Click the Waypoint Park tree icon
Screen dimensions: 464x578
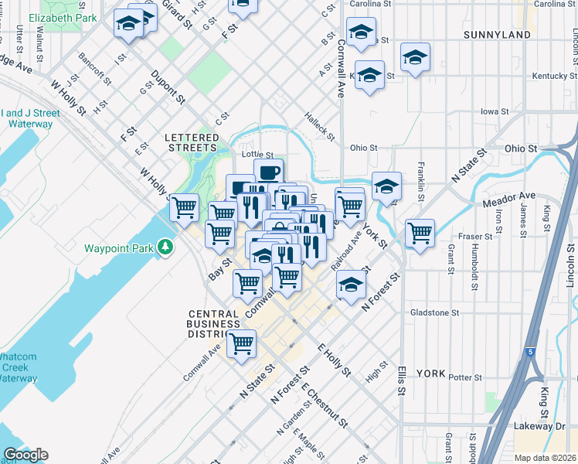pyautogui.click(x=165, y=247)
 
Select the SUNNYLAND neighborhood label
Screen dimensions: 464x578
pyautogui.click(x=497, y=35)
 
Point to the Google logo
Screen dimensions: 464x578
pyautogui.click(x=25, y=455)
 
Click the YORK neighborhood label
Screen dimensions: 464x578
pyautogui.click(x=430, y=374)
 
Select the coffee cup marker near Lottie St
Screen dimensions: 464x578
pyautogui.click(x=268, y=173)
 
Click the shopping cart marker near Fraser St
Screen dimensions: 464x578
pyautogui.click(x=420, y=233)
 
